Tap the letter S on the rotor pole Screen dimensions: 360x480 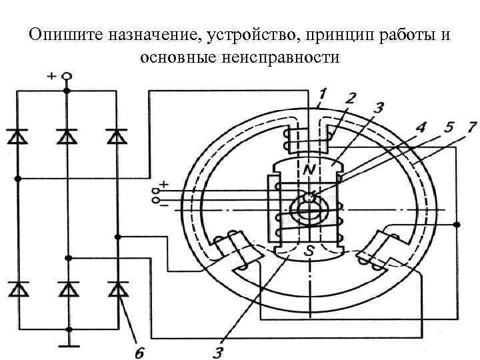309,252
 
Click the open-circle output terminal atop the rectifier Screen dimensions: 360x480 67,77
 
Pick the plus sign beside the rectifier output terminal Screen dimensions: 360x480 51,76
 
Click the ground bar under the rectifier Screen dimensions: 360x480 67,345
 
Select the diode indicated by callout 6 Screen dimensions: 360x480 117,289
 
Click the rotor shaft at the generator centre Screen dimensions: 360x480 308,209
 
